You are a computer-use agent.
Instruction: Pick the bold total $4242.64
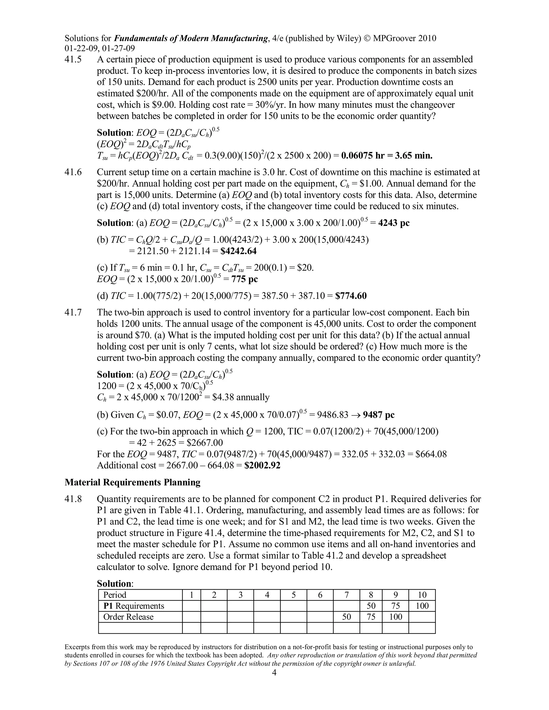238,251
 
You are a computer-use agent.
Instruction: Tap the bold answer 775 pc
244,279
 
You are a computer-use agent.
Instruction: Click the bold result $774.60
351,296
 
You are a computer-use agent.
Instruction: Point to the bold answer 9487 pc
379,415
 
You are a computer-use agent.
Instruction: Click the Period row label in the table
115,595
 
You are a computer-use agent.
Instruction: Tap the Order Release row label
128,617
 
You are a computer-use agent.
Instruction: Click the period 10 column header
422,595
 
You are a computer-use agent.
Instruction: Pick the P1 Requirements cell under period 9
395,606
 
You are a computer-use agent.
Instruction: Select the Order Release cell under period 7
346,617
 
